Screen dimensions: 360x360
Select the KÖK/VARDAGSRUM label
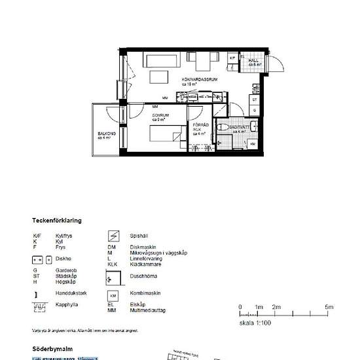199,79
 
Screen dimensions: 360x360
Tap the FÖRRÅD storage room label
199,127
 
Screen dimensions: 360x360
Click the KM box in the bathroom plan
253,143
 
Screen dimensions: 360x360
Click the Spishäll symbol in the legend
113,235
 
